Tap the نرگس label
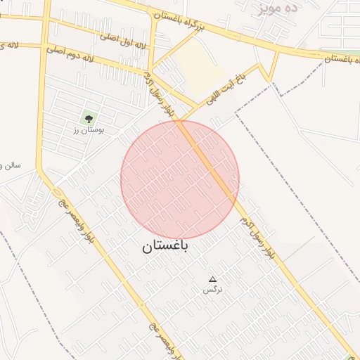coord(211,290)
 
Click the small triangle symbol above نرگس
coord(212,280)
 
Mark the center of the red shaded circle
coord(180,180)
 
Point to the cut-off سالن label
coord(11,165)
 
